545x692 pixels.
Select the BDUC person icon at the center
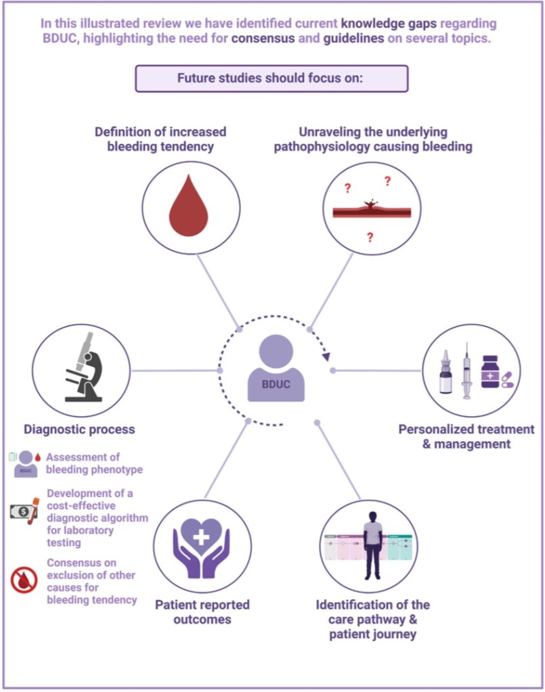click(x=276, y=369)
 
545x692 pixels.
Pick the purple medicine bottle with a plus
click(x=490, y=371)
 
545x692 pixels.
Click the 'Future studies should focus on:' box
click(x=272, y=78)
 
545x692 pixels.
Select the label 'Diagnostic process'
click(x=79, y=429)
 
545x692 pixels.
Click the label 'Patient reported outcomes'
click(x=202, y=612)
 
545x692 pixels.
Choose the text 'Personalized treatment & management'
click(x=466, y=436)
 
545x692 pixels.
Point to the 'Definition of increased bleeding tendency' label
click(x=160, y=139)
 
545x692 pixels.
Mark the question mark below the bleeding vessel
click(x=370, y=237)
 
